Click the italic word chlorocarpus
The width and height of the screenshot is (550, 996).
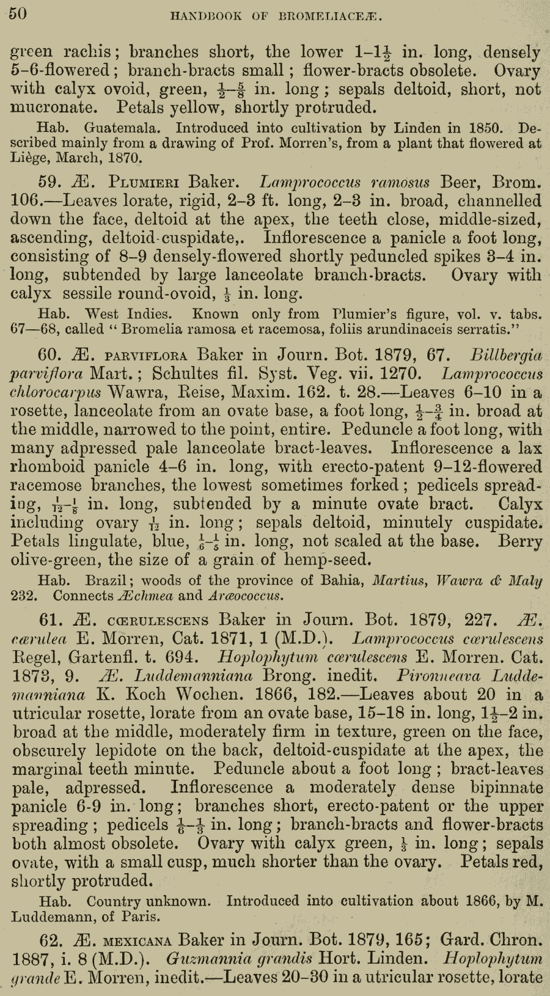pyautogui.click(x=57, y=392)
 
